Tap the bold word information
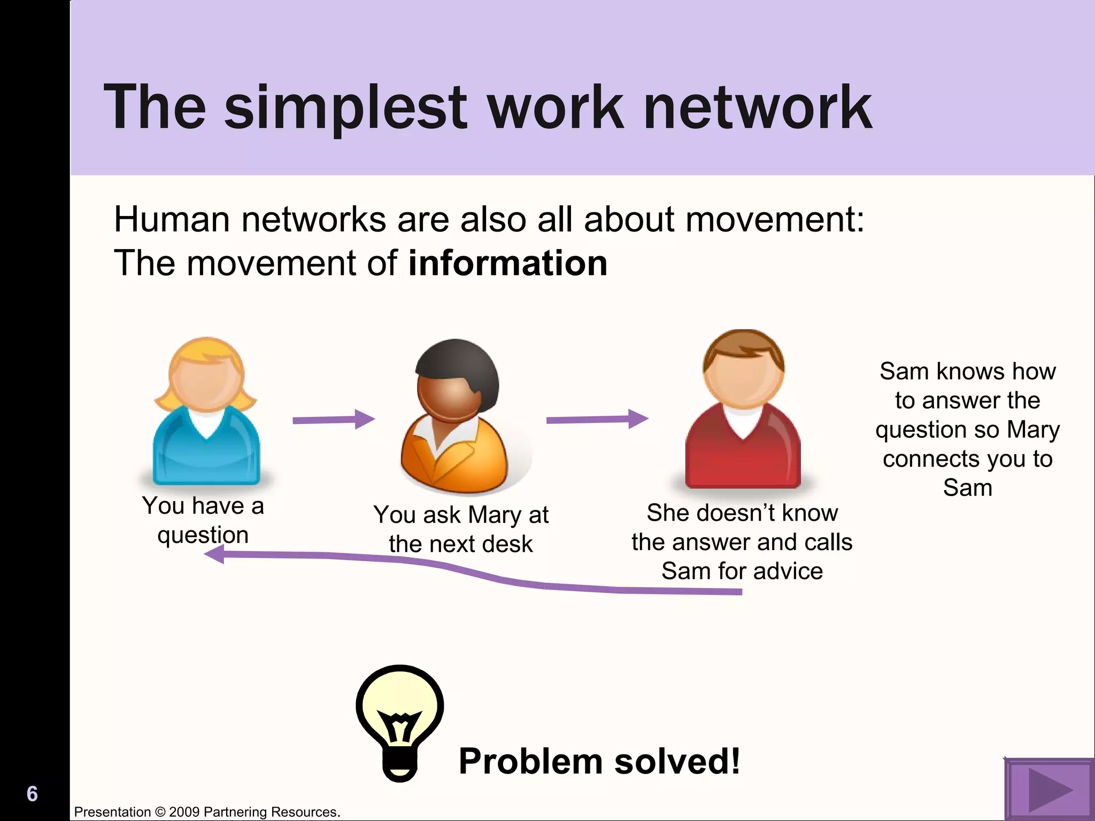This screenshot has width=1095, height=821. [507, 263]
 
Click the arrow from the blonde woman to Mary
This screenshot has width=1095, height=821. [333, 420]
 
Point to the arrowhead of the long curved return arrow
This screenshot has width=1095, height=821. [214, 554]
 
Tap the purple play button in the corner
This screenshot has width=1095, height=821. [1048, 789]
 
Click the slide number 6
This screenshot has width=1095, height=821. [32, 794]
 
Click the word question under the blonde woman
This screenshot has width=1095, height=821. [203, 535]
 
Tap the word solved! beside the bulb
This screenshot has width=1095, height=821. [677, 761]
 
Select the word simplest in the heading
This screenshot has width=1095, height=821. [346, 108]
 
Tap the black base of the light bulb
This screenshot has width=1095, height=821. [400, 768]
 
